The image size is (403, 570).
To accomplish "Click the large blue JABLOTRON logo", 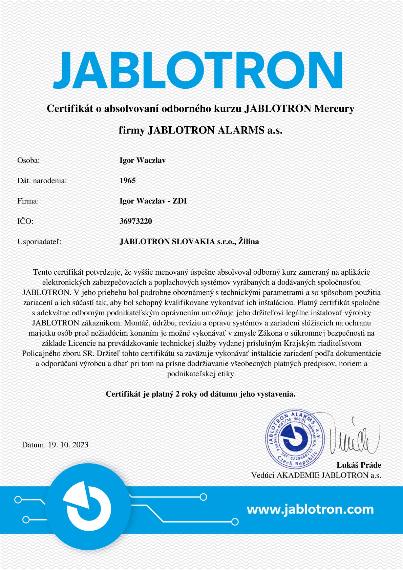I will coord(197,70).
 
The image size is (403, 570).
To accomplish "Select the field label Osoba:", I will coord(28,161).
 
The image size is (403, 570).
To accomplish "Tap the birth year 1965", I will coord(128,181).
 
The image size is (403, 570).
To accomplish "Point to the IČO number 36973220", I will coord(136,221).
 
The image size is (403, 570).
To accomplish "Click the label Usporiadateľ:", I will coord(39,242).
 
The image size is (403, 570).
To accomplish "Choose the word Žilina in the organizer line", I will coord(248,241).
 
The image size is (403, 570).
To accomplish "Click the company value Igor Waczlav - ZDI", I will coord(153,201).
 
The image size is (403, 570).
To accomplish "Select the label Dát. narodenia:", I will coord(42,181).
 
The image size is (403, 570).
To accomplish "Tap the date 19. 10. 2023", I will coord(68,445).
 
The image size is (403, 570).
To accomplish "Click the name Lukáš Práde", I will coord(359,465).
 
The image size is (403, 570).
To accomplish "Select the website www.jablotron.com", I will coord(310,509).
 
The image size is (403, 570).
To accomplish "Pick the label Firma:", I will coord(28,201).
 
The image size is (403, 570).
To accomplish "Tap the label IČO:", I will coord(25,221).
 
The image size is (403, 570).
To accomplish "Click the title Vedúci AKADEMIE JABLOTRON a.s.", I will coord(316,475).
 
